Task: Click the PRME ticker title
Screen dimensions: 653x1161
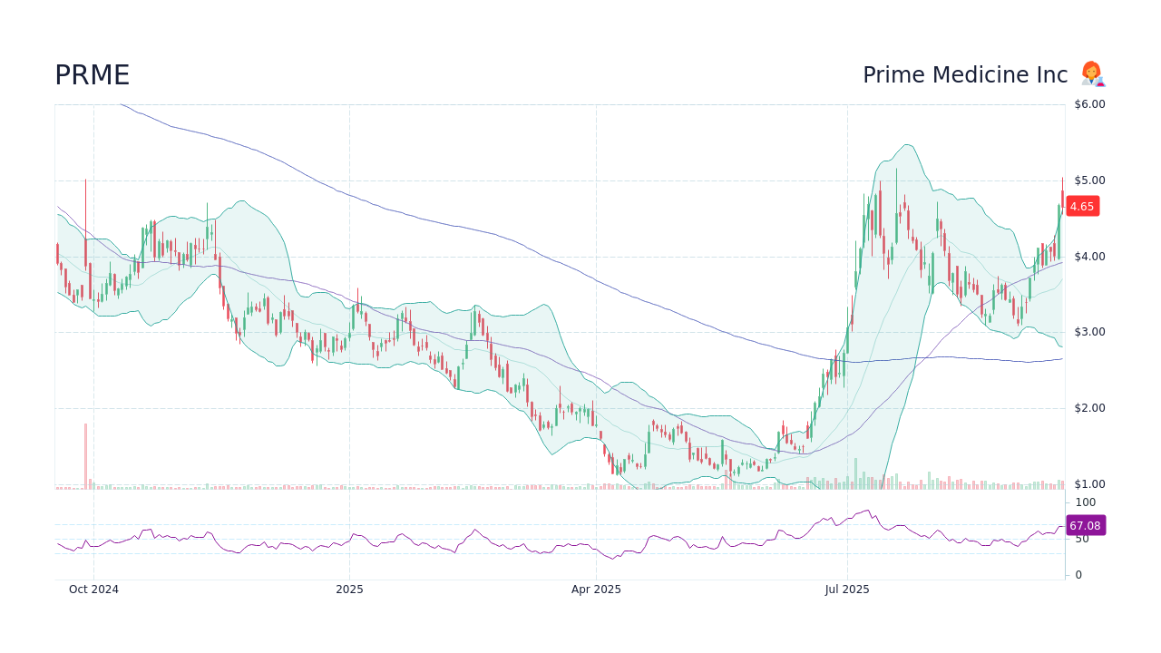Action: (92, 75)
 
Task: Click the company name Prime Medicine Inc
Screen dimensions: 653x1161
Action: (965, 75)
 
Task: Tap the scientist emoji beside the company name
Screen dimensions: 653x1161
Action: (1092, 74)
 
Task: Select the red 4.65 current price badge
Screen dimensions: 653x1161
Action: (1082, 207)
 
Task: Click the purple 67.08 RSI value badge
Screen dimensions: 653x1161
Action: (1085, 525)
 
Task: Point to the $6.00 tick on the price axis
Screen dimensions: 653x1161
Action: (1089, 104)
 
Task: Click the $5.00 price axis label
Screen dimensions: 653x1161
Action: (1089, 180)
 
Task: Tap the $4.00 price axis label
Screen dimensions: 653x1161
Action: (1089, 257)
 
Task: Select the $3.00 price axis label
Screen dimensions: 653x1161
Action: (1089, 332)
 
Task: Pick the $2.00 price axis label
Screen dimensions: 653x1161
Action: (1089, 408)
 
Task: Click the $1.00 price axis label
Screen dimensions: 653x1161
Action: (1089, 484)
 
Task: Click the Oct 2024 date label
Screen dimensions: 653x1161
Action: (93, 590)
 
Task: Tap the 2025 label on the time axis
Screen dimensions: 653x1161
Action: (349, 590)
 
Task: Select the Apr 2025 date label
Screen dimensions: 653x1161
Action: (596, 590)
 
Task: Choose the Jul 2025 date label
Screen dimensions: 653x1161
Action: (847, 590)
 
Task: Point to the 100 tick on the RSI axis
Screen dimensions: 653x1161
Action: (1086, 502)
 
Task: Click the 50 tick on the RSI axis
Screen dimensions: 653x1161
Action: (1082, 539)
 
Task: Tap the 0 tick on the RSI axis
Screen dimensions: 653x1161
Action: (1078, 575)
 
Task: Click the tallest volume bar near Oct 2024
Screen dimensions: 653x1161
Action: (86, 456)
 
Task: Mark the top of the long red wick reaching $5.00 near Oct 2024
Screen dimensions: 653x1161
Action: (86, 180)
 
